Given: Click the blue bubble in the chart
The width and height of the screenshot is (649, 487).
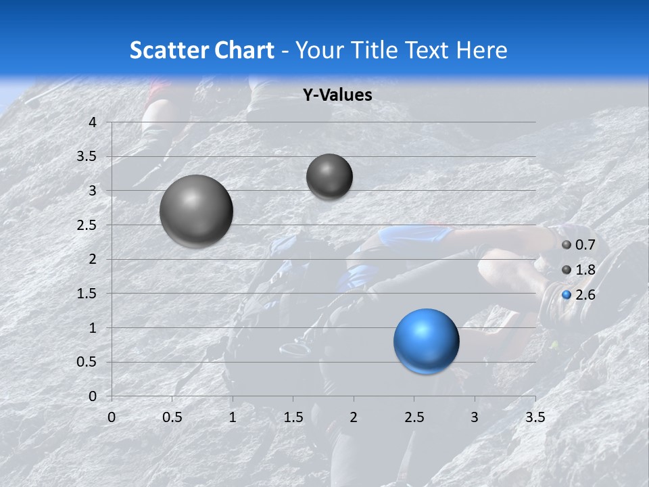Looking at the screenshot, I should [x=426, y=341].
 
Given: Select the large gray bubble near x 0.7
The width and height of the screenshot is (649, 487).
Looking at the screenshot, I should [x=196, y=211].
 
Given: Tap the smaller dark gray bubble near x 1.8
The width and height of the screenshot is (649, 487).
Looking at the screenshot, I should [x=329, y=177].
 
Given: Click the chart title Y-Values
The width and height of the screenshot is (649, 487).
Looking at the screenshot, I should [x=337, y=95].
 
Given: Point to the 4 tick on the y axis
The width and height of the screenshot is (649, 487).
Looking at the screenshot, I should [x=93, y=122].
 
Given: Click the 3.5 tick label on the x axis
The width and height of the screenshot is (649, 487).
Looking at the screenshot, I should [x=535, y=417].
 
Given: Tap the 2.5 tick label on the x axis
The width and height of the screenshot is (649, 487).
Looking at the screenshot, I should [x=414, y=417].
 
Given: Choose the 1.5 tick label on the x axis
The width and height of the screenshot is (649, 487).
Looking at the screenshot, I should [x=293, y=417].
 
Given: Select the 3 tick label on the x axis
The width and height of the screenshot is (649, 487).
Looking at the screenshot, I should [x=475, y=417].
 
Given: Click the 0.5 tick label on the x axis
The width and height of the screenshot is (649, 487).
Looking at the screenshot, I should [x=172, y=417].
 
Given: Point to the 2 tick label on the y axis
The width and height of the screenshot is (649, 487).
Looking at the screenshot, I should [x=93, y=259].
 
